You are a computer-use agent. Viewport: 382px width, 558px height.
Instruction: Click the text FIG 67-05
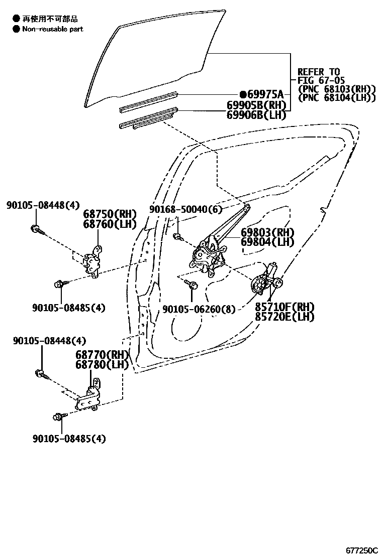pyautogui.click(x=321, y=80)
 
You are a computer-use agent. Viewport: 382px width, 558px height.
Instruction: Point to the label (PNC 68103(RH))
pyautogui.click(x=337, y=89)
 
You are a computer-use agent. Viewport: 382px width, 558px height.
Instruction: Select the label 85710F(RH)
pyautogui.click(x=284, y=307)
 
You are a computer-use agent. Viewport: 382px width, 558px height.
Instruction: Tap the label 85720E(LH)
pyautogui.click(x=284, y=317)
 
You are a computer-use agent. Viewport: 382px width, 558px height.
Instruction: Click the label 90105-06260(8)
pyautogui.click(x=199, y=309)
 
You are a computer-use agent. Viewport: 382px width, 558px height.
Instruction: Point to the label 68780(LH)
pyautogui.click(x=102, y=364)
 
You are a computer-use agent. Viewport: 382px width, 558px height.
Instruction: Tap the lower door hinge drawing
pyautogui.click(x=89, y=397)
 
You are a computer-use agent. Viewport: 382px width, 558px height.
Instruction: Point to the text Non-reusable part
pyautogui.click(x=52, y=29)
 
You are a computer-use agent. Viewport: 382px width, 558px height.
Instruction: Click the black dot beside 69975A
pyautogui.click(x=243, y=94)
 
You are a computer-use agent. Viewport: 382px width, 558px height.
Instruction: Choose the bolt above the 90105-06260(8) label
pyautogui.click(x=192, y=284)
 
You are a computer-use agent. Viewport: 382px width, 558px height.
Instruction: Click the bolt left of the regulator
pyautogui.click(x=178, y=236)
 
